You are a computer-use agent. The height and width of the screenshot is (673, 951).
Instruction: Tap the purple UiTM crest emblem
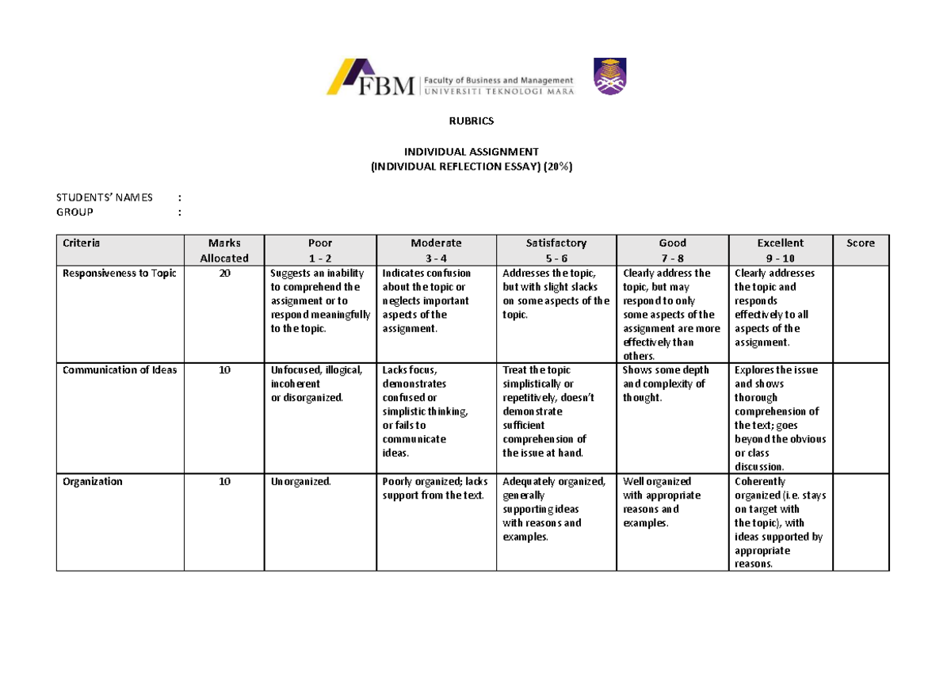[609, 77]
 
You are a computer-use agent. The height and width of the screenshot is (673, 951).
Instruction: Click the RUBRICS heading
[472, 121]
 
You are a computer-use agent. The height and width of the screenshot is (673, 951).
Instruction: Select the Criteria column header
[82, 243]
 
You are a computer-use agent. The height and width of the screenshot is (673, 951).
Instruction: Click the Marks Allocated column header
[223, 250]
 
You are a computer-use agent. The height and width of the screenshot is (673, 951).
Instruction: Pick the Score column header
[860, 243]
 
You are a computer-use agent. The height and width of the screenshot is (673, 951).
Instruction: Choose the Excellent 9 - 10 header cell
[780, 250]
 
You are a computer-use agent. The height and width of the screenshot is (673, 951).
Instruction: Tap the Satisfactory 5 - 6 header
[556, 250]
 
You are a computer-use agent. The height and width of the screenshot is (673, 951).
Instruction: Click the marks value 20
[224, 273]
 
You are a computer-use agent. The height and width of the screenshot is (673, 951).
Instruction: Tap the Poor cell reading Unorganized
[301, 482]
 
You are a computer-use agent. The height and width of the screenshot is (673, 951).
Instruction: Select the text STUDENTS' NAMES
[105, 197]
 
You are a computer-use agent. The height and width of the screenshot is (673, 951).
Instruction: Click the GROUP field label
[74, 212]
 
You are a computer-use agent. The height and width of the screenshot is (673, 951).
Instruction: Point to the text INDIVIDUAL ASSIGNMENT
[472, 151]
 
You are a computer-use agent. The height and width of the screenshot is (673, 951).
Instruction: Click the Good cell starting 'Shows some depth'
[666, 384]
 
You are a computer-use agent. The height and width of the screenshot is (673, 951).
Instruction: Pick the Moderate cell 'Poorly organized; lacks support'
[435, 488]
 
